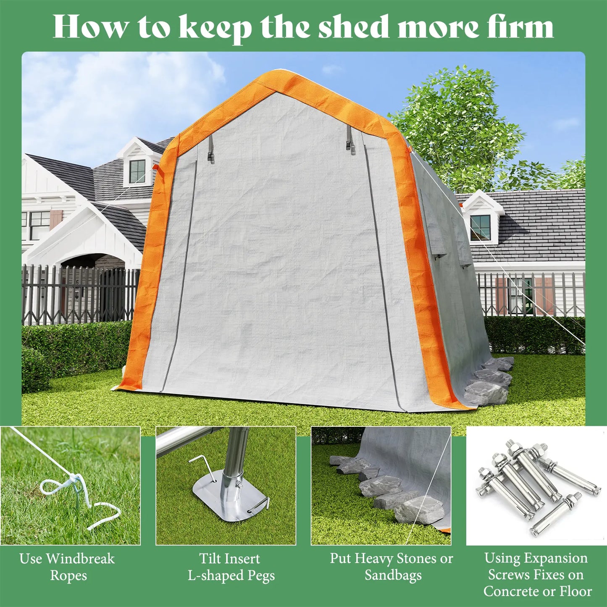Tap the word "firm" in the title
tap(522, 28)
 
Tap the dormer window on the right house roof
tap(480, 227)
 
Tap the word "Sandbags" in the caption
tap(393, 575)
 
